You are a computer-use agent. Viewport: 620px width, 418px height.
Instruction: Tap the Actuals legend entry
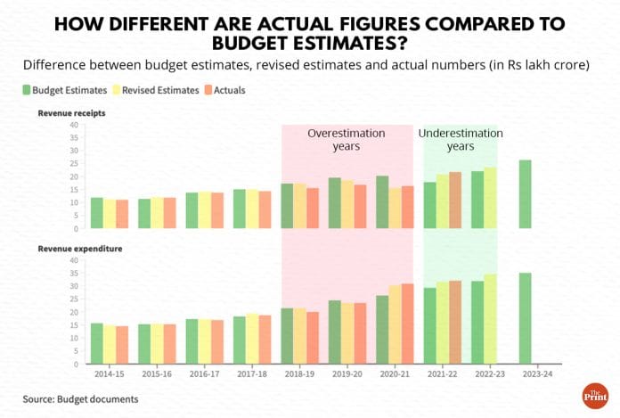pos(223,90)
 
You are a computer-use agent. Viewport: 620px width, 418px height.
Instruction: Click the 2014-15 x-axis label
pos(110,374)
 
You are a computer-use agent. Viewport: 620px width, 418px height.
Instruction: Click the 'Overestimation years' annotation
pos(347,139)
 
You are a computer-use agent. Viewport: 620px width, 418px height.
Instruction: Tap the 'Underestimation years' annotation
pos(460,139)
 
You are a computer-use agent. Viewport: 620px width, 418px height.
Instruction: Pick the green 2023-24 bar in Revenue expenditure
pos(525,318)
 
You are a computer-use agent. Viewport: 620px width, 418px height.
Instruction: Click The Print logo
pos(591,395)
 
